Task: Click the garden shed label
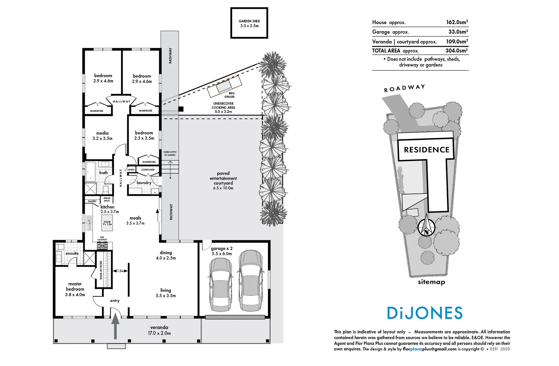tap(249, 23)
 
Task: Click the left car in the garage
tap(220, 285)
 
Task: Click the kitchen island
tap(107, 223)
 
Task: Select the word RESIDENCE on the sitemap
tap(426, 150)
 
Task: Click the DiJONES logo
tap(425, 313)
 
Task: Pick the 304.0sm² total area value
tap(456, 50)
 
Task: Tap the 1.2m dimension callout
tap(120, 271)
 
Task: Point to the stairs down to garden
tap(170, 167)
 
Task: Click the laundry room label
tap(144, 183)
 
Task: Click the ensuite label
tap(72, 253)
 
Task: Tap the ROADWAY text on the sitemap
tap(404, 88)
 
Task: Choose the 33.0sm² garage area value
tap(458, 32)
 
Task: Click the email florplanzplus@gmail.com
tap(429, 349)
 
